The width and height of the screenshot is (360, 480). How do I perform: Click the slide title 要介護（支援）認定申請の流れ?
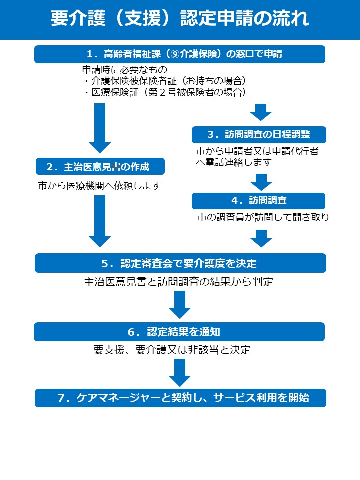click(x=180, y=19)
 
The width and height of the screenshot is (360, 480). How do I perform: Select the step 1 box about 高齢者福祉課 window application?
click(x=180, y=54)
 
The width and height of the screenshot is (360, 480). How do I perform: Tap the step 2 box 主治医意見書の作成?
click(x=100, y=166)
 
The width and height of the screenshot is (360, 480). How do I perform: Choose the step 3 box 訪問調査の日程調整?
click(x=259, y=135)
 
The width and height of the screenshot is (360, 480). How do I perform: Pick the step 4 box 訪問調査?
click(x=259, y=201)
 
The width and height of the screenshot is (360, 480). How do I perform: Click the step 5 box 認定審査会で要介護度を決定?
click(x=180, y=263)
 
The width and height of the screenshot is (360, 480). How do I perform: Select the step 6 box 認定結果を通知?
click(x=179, y=332)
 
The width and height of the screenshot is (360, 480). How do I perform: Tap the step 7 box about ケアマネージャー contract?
click(x=180, y=398)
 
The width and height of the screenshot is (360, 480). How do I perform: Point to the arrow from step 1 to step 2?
click(x=100, y=128)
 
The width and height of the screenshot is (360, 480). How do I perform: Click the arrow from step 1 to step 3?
click(x=260, y=113)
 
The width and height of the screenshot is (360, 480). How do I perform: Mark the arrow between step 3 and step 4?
click(x=260, y=182)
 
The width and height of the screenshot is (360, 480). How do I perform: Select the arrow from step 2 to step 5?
click(x=100, y=221)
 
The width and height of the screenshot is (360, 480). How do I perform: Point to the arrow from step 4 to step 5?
click(x=260, y=238)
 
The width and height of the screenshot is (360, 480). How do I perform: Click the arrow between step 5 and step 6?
click(x=180, y=304)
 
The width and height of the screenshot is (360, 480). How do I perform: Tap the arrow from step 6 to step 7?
click(x=180, y=372)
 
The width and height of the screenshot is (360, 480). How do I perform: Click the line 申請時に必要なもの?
click(x=124, y=69)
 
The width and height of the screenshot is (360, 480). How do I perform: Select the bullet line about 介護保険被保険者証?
click(x=165, y=81)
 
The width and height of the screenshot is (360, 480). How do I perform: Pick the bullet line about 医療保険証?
click(x=165, y=92)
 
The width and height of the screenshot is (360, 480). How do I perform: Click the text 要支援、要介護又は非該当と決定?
click(x=172, y=350)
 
